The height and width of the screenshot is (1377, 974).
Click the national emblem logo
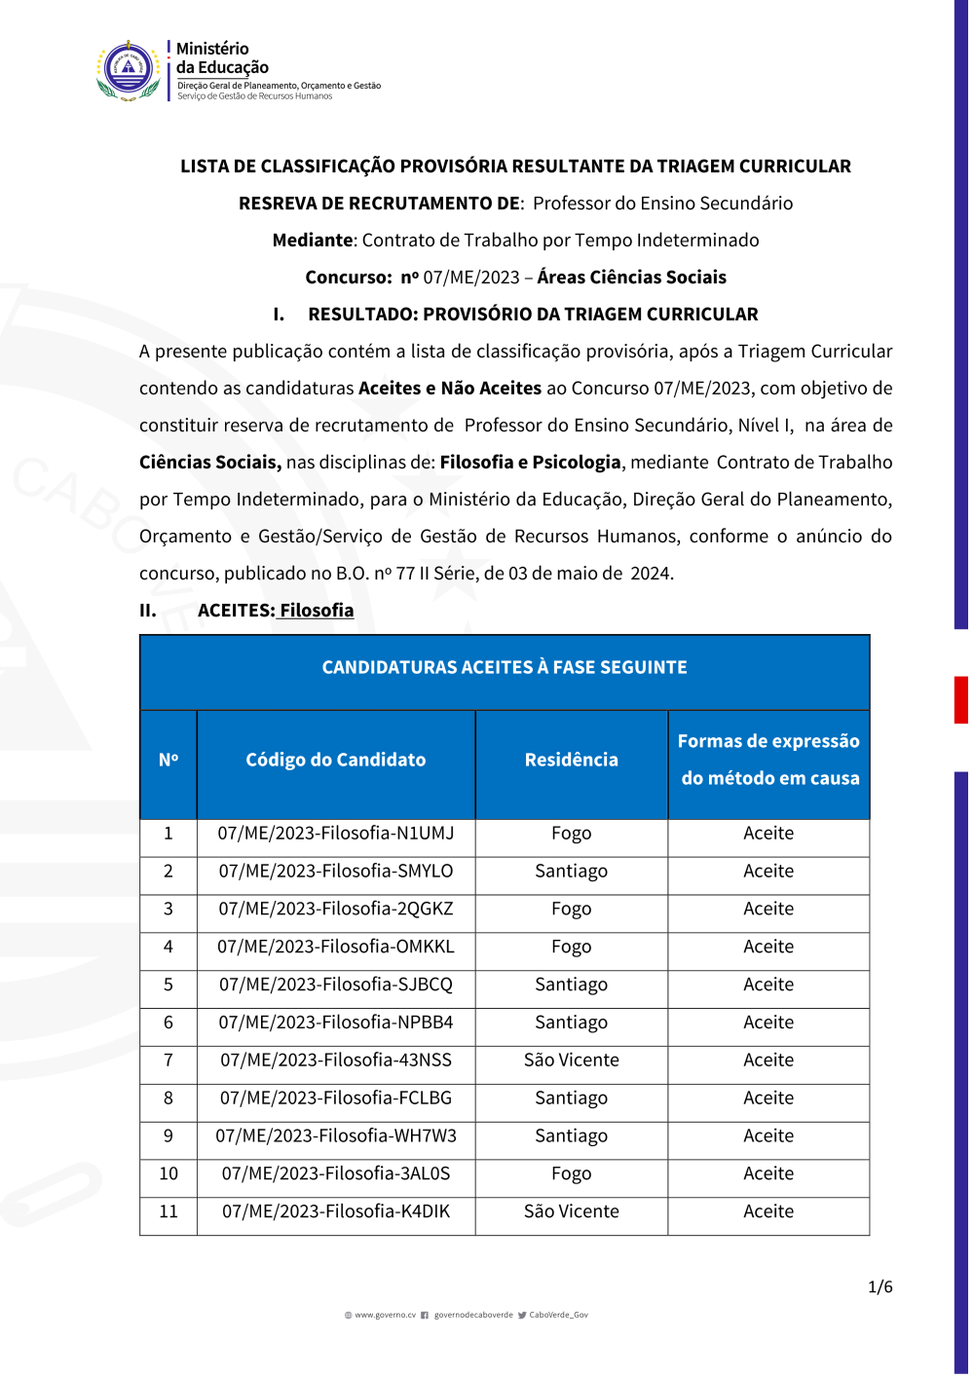coord(129,70)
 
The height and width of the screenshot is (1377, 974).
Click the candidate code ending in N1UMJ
coord(336,834)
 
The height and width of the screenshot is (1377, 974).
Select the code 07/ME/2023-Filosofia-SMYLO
coord(336,872)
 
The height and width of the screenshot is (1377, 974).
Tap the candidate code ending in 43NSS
coord(336,1061)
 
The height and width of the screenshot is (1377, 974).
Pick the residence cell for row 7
coord(571,1061)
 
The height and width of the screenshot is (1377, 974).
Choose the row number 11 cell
coord(169,1211)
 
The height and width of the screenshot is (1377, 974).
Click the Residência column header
coord(571,760)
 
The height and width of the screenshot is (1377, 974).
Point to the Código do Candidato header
coord(336,760)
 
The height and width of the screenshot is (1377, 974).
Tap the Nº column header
coord(169,760)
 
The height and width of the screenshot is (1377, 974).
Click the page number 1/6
coord(880,1287)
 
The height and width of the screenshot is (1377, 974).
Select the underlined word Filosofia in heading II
coord(317,611)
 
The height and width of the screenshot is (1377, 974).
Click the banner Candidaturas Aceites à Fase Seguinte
coord(505,668)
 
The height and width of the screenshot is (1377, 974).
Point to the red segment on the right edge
coord(960,699)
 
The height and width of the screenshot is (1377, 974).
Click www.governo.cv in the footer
coord(385,1315)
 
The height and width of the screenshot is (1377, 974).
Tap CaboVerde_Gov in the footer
coord(558,1315)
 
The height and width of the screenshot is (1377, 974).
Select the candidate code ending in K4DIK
coord(336,1211)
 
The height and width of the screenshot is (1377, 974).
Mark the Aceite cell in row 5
coord(768,985)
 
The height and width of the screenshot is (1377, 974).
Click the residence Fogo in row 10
coord(571,1173)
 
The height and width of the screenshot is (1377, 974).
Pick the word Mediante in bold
coord(314,241)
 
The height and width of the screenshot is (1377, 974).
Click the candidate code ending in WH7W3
coord(336,1135)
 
